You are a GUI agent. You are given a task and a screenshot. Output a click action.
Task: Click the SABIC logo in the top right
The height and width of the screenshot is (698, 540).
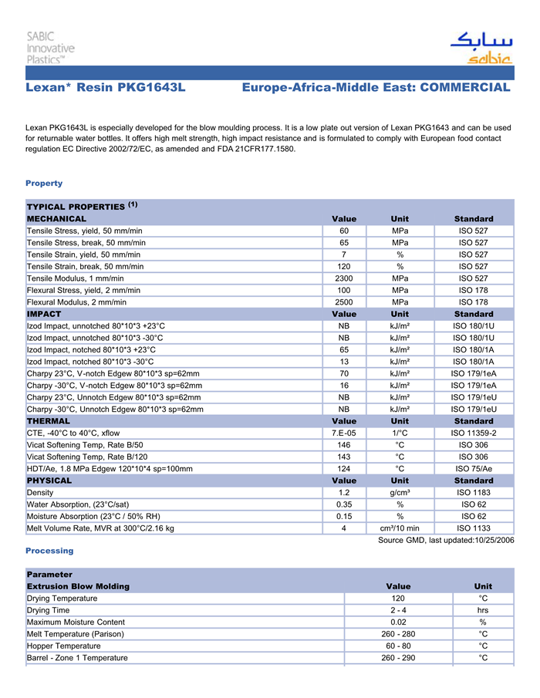480,48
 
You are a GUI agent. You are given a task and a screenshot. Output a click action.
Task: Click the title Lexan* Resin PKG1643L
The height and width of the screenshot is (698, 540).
106,88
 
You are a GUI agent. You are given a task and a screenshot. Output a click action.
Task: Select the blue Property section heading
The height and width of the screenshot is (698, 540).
44,184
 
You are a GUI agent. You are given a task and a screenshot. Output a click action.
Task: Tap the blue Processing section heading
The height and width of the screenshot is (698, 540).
49,551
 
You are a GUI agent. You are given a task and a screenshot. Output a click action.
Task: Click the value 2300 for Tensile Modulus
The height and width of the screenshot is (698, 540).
344,278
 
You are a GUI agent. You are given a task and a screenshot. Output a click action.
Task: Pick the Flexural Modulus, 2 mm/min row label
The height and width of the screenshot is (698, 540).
83,302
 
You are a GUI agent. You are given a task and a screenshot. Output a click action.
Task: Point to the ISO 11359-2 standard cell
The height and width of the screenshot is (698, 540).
474,433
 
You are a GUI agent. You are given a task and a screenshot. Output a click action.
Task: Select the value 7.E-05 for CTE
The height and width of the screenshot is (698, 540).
344,433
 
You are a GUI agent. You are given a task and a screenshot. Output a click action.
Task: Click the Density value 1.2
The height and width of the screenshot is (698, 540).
344,493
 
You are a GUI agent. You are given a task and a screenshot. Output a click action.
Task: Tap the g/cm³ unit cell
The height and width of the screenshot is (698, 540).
400,493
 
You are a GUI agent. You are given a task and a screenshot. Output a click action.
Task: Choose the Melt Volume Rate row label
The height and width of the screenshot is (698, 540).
100,528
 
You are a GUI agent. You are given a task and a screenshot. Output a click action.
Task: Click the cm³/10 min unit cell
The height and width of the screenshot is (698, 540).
400,528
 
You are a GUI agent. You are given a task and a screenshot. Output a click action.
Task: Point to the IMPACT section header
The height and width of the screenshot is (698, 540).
44,315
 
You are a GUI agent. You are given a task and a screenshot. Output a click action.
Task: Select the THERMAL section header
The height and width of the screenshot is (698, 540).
48,421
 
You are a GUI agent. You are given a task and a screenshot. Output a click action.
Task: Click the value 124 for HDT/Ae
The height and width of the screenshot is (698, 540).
344,469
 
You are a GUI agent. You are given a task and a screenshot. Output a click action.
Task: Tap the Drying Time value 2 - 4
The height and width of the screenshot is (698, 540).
398,610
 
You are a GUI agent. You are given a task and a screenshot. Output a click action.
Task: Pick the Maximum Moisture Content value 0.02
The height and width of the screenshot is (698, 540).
398,622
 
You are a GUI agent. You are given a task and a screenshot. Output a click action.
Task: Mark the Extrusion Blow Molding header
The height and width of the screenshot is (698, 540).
78,587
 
